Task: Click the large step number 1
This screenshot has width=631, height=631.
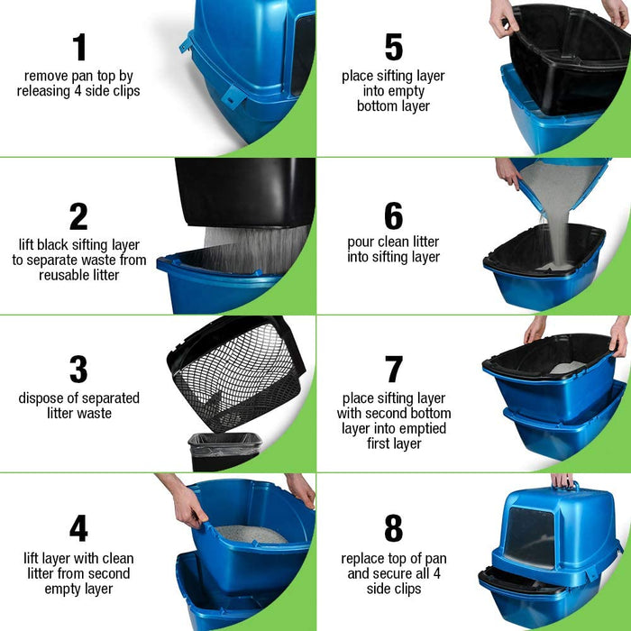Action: click(79, 47)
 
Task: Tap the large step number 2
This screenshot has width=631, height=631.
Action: click(78, 216)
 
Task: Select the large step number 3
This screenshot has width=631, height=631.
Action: click(78, 369)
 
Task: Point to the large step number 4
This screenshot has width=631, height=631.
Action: click(78, 527)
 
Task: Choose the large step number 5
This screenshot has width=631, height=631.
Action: click(394, 47)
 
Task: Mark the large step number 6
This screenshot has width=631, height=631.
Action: click(394, 215)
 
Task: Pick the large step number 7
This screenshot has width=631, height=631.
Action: click(394, 369)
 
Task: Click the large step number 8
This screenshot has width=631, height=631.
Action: click(394, 527)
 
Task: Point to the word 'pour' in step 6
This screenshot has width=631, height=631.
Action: click(361, 242)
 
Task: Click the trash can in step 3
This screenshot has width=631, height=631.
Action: click(224, 451)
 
